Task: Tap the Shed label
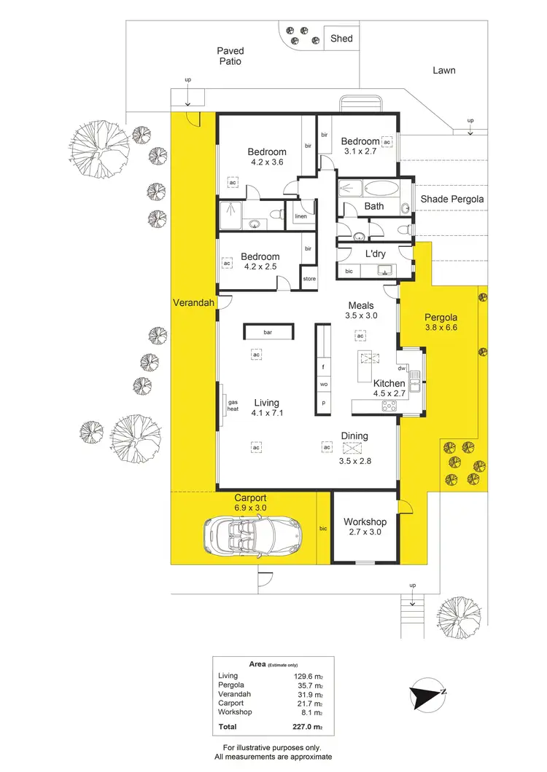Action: click(341, 38)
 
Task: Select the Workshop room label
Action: click(365, 522)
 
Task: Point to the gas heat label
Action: click(233, 406)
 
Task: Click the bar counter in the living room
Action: click(268, 332)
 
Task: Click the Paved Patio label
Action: click(230, 56)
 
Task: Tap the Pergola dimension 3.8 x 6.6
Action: click(441, 328)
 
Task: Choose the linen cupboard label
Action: click(300, 217)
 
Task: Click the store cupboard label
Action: click(309, 278)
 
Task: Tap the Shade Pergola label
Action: click(452, 199)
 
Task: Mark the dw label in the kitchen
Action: click(401, 369)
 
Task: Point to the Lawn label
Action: click(443, 71)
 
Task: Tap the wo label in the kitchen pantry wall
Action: click(322, 385)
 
